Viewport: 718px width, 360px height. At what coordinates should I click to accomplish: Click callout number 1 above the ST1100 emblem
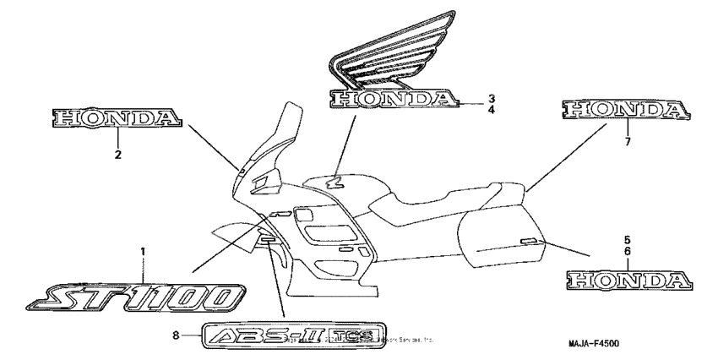143,252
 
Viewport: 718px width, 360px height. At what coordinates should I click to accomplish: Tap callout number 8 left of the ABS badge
176,335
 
